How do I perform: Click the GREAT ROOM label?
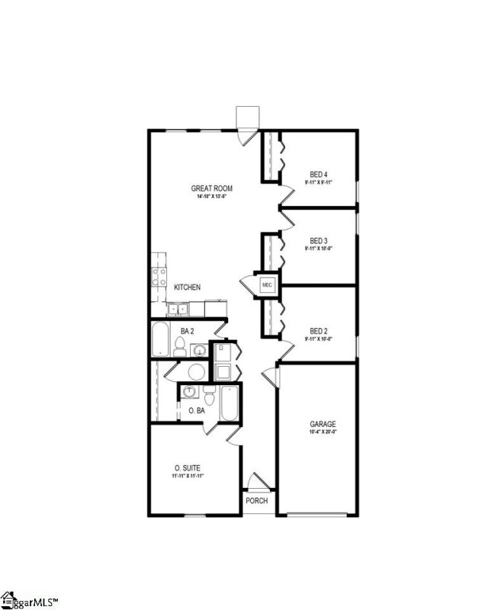[x=211, y=188]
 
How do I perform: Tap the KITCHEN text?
[x=187, y=287]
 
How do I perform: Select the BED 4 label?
[x=319, y=173]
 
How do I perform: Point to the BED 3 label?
[x=319, y=241]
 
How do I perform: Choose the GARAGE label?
[x=322, y=424]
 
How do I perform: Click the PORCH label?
[x=256, y=501]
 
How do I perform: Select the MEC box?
[x=267, y=285]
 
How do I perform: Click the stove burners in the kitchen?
[x=160, y=278]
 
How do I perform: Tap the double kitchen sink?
[x=180, y=309]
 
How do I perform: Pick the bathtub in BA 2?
[x=161, y=340]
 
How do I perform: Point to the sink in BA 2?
[x=198, y=350]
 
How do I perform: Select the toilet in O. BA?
[x=209, y=396]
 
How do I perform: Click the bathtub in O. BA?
[x=230, y=403]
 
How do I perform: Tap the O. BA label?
[x=196, y=411]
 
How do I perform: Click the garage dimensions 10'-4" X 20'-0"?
[x=322, y=433]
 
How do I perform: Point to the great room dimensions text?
[x=211, y=197]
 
